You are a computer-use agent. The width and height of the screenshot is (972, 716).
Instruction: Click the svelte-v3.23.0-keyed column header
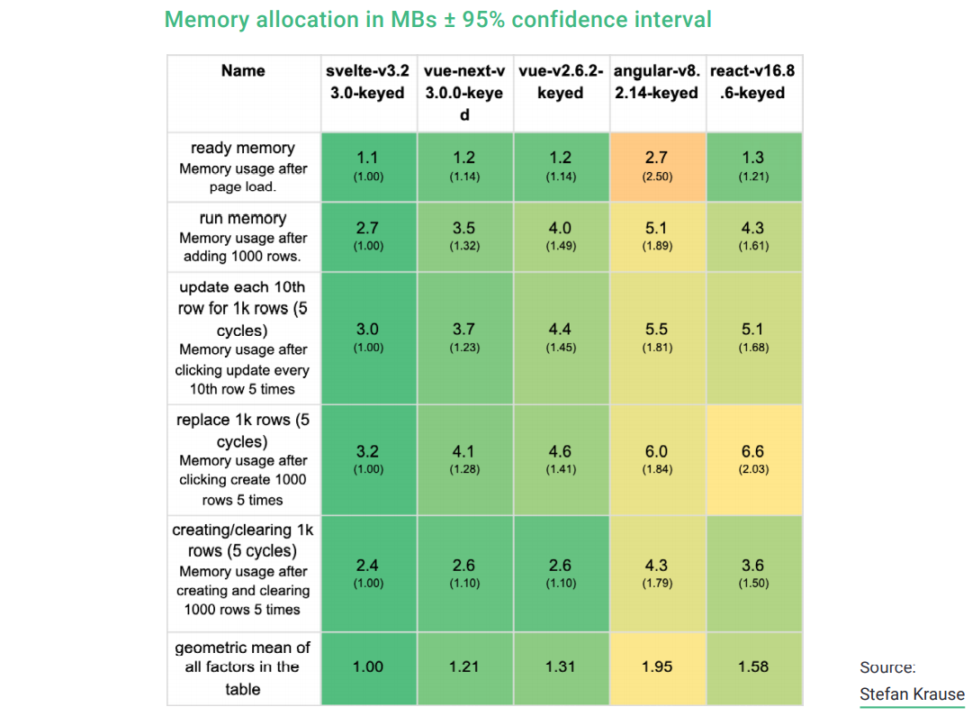pos(368,82)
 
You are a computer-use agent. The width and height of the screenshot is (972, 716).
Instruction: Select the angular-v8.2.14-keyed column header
pos(657,82)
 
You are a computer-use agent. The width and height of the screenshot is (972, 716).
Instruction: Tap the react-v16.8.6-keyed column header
pos(752,82)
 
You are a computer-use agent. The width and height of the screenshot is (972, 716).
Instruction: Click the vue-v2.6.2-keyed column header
pos(561,82)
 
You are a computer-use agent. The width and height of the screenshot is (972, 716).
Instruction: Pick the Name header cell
pos(243,71)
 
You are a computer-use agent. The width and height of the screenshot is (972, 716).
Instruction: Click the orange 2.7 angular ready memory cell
pos(657,166)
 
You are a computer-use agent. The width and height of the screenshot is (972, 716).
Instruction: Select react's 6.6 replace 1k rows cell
pos(753,458)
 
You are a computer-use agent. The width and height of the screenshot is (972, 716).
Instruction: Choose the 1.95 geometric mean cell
pos(657,667)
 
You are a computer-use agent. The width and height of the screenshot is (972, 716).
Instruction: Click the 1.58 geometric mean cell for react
pos(753,667)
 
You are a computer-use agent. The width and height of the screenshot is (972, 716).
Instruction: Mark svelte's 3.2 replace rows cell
pos(368,458)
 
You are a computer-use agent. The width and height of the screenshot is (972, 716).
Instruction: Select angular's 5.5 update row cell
pos(657,337)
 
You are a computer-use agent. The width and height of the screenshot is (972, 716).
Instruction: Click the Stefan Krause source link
pos(912,694)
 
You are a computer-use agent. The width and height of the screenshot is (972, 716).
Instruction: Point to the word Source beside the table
pos(887,667)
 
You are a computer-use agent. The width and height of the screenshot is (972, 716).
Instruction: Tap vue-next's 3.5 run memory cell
pos(464,236)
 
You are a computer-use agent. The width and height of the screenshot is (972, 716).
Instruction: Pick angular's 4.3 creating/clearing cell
pos(657,573)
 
